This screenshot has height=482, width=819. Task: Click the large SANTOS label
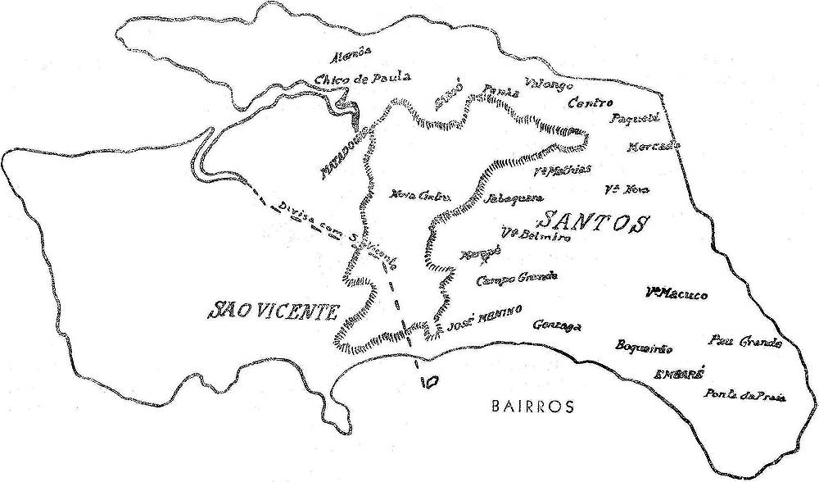594,221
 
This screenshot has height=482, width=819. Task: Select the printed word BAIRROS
532,405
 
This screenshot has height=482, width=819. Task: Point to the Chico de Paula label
361,79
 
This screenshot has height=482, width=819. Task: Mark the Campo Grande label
517,279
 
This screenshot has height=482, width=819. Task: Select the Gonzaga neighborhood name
556,325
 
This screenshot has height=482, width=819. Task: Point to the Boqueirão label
644,347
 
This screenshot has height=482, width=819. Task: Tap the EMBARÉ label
679,373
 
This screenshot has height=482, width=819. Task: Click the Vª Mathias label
561,171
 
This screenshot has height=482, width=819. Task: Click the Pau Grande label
745,342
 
